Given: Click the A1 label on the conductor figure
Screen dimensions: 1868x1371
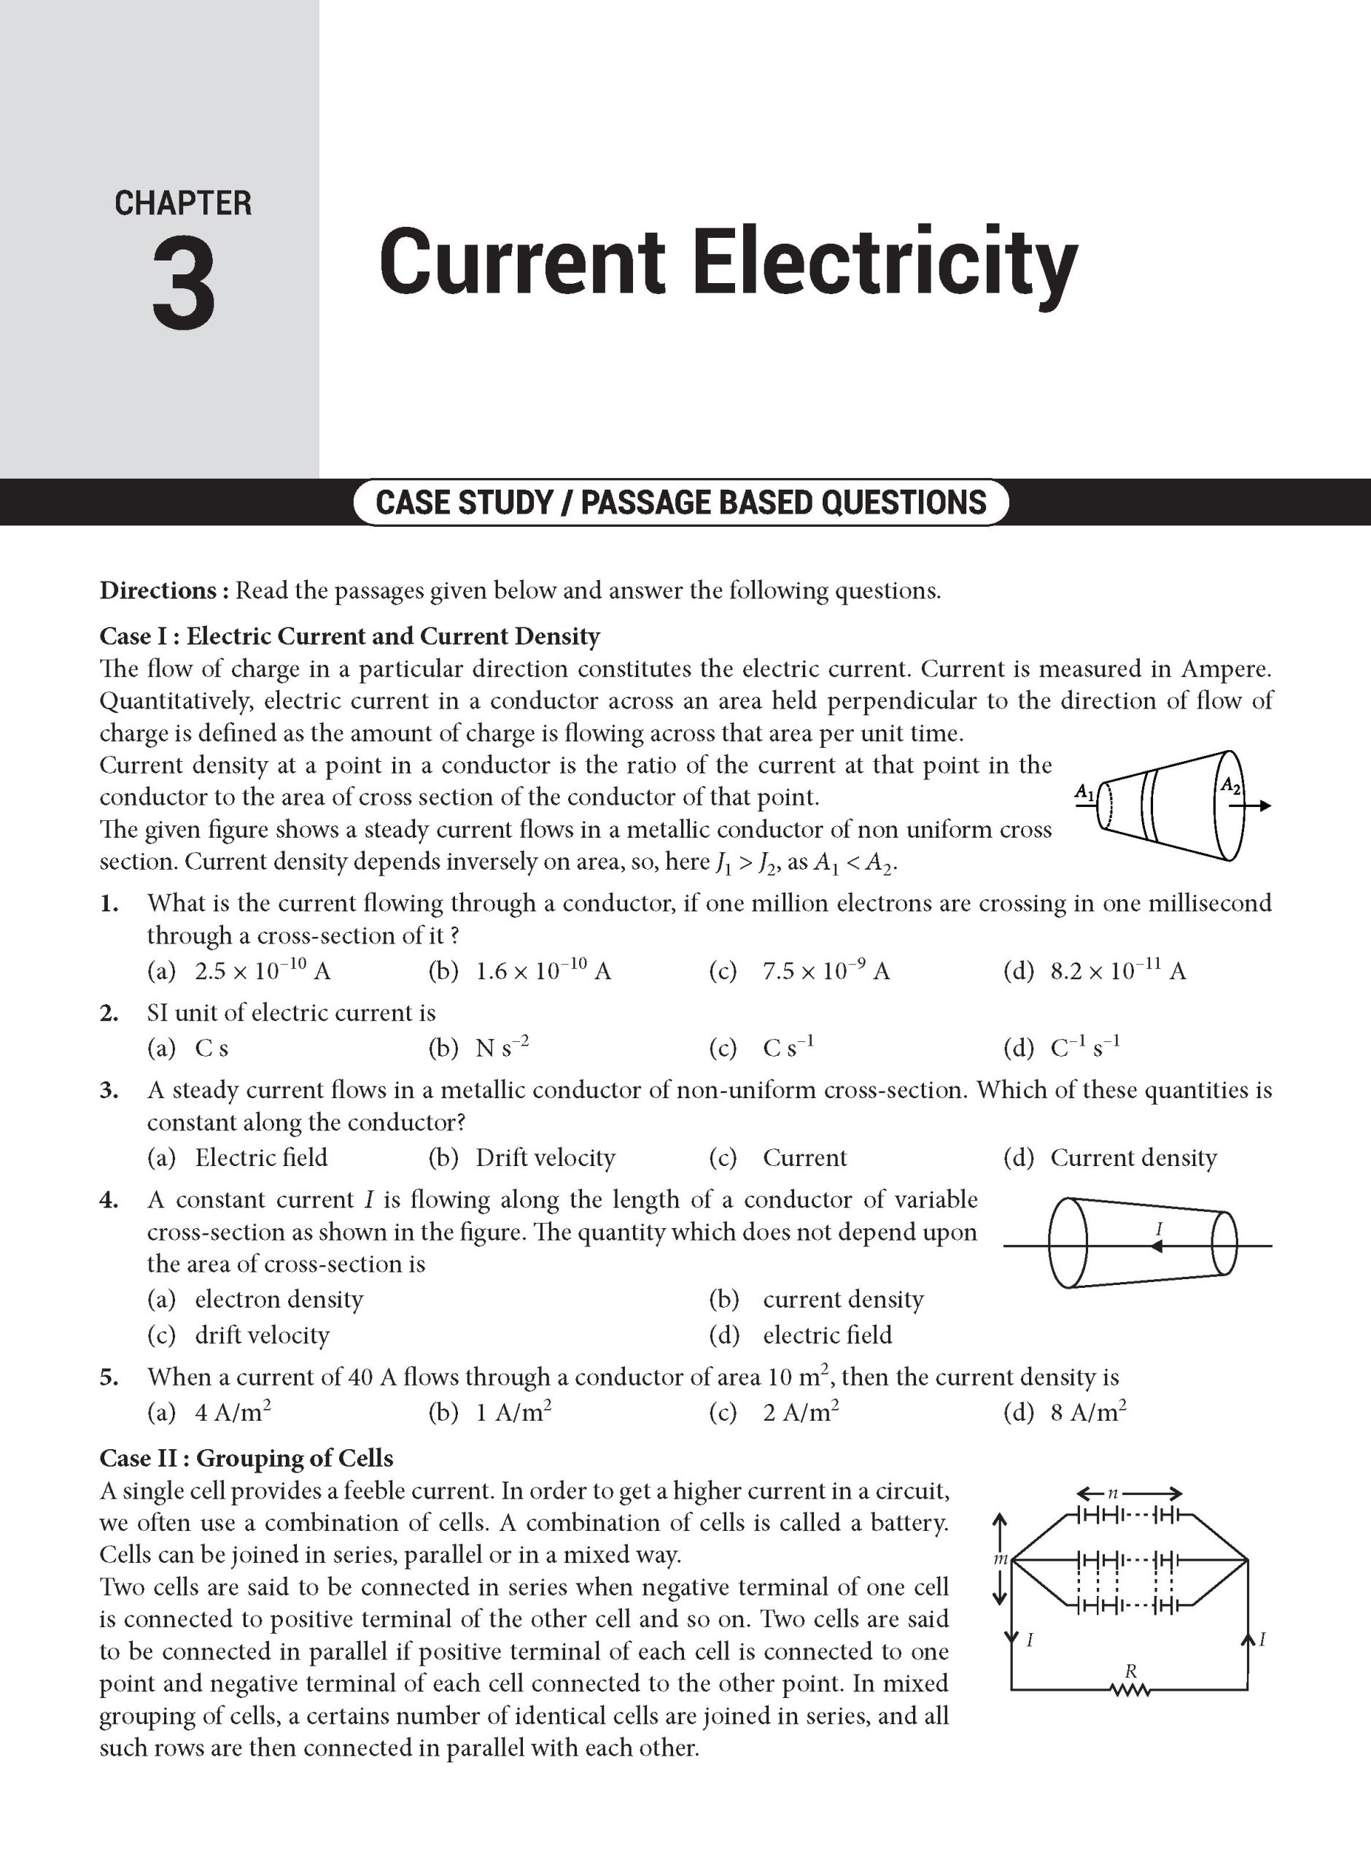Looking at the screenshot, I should coord(1084,791).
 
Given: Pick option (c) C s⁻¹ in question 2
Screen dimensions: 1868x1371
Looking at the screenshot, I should coord(788,1048).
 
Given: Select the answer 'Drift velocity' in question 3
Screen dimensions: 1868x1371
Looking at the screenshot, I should coord(545,1157).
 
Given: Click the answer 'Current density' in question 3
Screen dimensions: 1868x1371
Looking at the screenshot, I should coord(1133,1157).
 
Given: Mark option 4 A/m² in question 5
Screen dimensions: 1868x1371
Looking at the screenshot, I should coord(233,1412).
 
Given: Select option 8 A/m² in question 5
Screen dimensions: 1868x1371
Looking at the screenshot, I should coord(1088,1412).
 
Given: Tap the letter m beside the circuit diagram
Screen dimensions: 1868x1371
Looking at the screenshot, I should coord(1000,1559).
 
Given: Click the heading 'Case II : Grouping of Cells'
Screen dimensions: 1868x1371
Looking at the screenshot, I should coord(246,1458).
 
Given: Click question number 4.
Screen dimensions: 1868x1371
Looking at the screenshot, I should coord(108,1200).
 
